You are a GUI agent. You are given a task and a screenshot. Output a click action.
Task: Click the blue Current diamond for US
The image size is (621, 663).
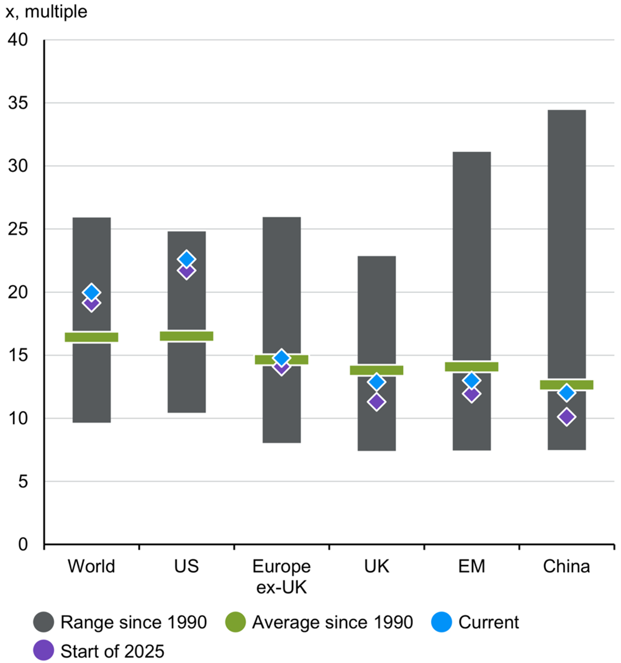click(x=186, y=259)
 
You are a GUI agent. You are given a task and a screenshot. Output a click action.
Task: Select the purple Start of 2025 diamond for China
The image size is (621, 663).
click(x=566, y=417)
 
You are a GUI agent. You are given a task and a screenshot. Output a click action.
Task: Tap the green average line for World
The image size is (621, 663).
click(x=91, y=337)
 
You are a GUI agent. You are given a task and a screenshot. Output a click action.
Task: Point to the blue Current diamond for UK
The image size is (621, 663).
click(x=376, y=382)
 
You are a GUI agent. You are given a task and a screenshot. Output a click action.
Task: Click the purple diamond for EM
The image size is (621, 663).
click(x=471, y=394)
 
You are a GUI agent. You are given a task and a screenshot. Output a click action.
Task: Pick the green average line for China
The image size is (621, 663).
click(x=566, y=385)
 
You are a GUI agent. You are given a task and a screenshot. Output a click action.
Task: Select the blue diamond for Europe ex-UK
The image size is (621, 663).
click(x=281, y=358)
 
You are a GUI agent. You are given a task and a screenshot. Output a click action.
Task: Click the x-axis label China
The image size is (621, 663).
click(x=566, y=567)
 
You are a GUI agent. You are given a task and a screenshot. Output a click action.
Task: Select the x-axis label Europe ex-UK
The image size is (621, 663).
click(x=281, y=575)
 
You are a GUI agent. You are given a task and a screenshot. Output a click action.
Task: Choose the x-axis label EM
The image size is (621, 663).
click(x=471, y=567)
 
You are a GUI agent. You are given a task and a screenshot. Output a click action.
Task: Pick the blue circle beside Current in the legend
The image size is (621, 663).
click(x=442, y=622)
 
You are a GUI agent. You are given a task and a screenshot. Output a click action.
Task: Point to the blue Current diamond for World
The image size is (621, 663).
click(x=91, y=292)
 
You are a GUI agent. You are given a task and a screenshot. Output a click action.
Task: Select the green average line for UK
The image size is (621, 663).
click(x=376, y=370)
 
